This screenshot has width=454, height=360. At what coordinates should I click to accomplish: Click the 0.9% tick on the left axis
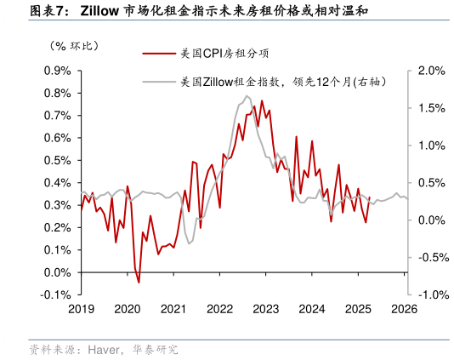57,71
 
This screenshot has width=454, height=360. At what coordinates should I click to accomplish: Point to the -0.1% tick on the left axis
56,294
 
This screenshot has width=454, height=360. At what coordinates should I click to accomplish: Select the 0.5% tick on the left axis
57,160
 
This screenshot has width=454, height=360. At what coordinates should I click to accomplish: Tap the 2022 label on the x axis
219,309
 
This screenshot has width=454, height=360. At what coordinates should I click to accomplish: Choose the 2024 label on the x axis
313,309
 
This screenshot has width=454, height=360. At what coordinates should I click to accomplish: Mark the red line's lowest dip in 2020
139,283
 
